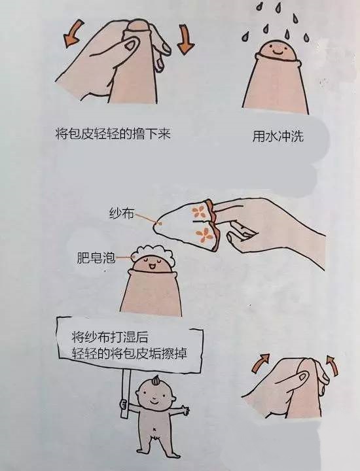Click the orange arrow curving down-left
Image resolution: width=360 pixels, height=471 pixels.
pyautogui.click(x=73, y=33)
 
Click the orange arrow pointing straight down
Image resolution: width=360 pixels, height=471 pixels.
pyautogui.click(x=185, y=39)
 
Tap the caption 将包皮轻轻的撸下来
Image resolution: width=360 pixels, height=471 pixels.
pyautogui.click(x=113, y=133)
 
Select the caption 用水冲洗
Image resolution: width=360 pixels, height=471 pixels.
pyautogui.click(x=278, y=136)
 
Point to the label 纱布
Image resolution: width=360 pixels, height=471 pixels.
pyautogui.click(x=121, y=213)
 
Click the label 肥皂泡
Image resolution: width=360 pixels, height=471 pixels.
pyautogui.click(x=96, y=258)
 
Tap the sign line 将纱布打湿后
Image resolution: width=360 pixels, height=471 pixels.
pyautogui.click(x=110, y=337)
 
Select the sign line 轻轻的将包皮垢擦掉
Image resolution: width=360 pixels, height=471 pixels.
pyautogui.click(x=130, y=353)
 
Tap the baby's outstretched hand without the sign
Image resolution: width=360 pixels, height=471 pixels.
pyautogui.click(x=184, y=410)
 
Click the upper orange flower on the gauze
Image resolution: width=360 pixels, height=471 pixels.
pyautogui.click(x=198, y=212)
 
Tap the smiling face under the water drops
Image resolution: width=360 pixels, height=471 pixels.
pyautogui.click(x=276, y=50)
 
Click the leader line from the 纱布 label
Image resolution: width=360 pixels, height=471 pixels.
pyautogui.click(x=146, y=218)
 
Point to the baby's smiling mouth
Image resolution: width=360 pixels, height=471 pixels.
pyautogui.click(x=153, y=401)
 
